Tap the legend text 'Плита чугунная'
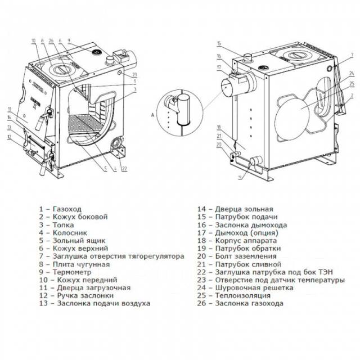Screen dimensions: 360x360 tap(73, 264)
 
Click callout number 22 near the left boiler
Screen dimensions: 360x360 tap(124, 169)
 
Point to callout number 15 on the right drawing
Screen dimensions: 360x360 tap(219, 44)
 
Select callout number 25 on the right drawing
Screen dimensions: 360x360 tap(351, 84)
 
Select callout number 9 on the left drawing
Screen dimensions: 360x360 tap(68, 40)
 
